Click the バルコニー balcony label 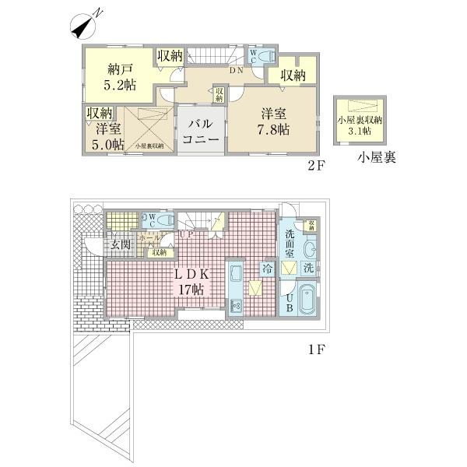pyautogui.click(x=200, y=132)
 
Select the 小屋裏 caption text pyautogui.click(x=377, y=158)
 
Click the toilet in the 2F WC pyautogui.click(x=264, y=56)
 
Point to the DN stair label pyautogui.click(x=236, y=70)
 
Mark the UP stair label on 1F pyautogui.click(x=187, y=233)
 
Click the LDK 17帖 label pyautogui.click(x=189, y=281)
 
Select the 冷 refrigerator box pyautogui.click(x=268, y=269)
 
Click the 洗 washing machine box pyautogui.click(x=308, y=269)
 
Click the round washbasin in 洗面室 pyautogui.click(x=310, y=250)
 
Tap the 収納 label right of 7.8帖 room pyautogui.click(x=293, y=75)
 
